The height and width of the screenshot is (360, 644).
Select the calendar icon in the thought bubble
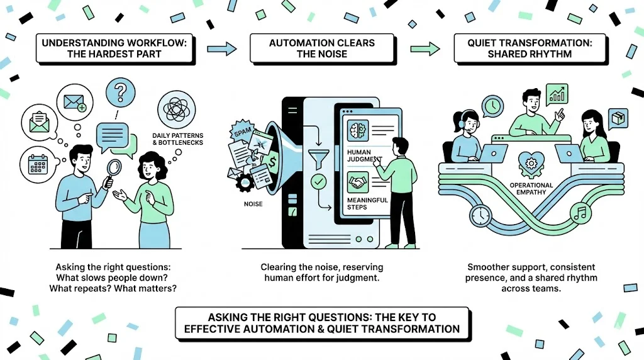pyautogui.click(x=37, y=163)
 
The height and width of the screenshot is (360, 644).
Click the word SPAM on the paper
pyautogui.click(x=241, y=134)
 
